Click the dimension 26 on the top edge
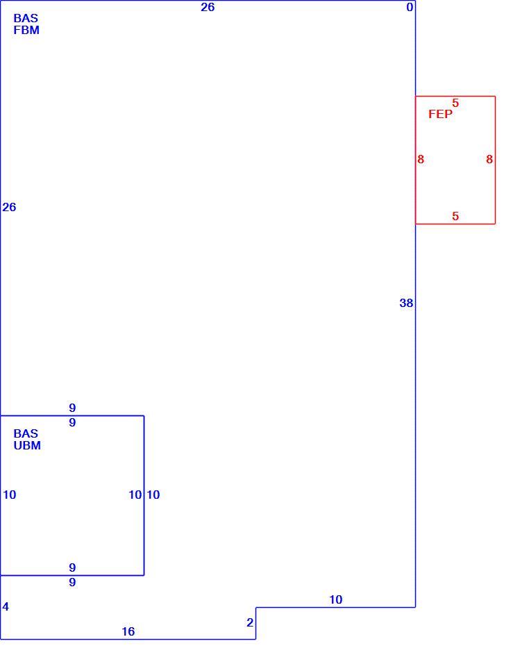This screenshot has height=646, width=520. (x=208, y=7)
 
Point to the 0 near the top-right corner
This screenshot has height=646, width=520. (x=410, y=7)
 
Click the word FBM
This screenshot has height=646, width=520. (x=26, y=30)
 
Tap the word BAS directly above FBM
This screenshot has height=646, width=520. (x=26, y=18)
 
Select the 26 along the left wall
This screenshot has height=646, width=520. (x=9, y=207)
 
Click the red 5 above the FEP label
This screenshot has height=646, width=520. (x=455, y=103)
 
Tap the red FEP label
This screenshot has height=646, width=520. (x=440, y=114)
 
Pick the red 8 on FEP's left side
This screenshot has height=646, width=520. (x=420, y=159)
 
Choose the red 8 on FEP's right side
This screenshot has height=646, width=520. (x=489, y=159)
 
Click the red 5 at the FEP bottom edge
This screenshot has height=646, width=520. (x=455, y=216)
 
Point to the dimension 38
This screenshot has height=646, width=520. (x=406, y=303)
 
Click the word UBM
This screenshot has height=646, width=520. (x=27, y=445)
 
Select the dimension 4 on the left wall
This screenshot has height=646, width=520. (x=6, y=606)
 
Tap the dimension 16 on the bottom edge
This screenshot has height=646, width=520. (x=128, y=631)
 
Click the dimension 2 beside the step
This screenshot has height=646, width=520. (x=250, y=622)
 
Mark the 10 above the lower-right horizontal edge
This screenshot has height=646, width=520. (x=335, y=599)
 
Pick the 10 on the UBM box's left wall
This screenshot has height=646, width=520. (x=10, y=495)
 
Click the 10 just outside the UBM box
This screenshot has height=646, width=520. (x=153, y=495)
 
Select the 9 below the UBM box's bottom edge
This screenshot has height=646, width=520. (x=72, y=582)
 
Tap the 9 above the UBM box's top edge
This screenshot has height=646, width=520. (x=72, y=408)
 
